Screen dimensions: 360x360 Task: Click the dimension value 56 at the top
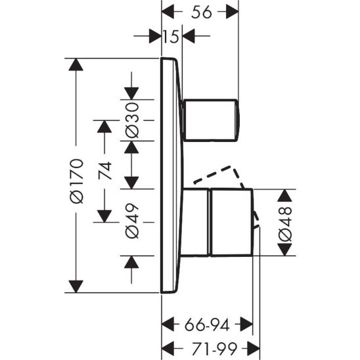click(x=201, y=12)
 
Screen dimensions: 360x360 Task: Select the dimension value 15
click(x=171, y=36)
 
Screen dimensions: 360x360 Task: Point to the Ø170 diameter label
click(x=77, y=181)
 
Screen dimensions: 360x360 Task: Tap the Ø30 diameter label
click(x=132, y=120)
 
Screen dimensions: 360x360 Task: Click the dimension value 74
click(x=105, y=170)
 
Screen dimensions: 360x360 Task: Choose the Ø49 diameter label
click(x=132, y=221)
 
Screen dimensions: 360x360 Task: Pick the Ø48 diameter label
click(x=285, y=224)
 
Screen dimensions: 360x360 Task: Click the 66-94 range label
click(x=207, y=325)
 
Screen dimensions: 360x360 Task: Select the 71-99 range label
click(x=214, y=349)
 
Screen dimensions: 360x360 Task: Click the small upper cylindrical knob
click(x=211, y=120)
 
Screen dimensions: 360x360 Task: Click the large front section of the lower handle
click(x=232, y=222)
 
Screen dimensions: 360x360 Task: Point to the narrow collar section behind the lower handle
click(x=195, y=222)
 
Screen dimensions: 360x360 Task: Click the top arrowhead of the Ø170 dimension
click(x=76, y=65)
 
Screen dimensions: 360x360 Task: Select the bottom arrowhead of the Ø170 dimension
click(x=76, y=286)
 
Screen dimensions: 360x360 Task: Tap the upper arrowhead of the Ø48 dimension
click(x=284, y=196)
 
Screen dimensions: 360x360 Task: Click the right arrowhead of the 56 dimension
click(x=233, y=11)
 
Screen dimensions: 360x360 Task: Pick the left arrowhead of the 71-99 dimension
click(x=168, y=348)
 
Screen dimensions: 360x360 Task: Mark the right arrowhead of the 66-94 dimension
click(x=246, y=324)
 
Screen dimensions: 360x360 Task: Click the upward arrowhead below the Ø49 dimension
click(x=131, y=262)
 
